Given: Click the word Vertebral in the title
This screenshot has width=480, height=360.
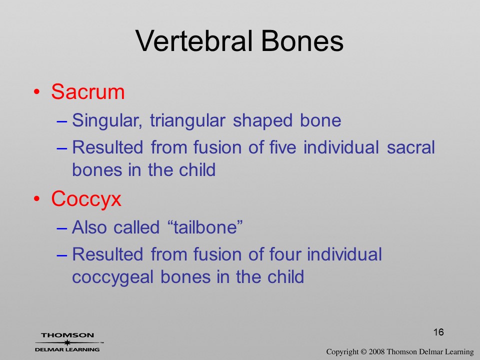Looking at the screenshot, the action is (x=194, y=41).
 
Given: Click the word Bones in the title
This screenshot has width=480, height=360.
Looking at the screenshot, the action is (x=302, y=41).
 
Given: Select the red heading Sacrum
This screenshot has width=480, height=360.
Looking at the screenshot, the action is (x=88, y=91).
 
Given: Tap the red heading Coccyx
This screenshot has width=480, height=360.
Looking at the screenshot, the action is (x=86, y=199).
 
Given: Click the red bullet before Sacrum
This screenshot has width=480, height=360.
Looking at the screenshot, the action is (x=37, y=92).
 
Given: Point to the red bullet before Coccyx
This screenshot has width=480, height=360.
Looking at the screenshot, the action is (x=37, y=199).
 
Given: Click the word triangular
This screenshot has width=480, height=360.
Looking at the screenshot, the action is (x=187, y=120).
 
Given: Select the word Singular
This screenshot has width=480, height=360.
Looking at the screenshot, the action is (x=107, y=120).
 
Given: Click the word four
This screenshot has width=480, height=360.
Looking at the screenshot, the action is (x=285, y=254).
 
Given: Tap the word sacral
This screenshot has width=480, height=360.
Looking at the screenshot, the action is (x=411, y=147).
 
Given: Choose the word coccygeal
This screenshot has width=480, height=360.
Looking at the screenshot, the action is (x=112, y=277).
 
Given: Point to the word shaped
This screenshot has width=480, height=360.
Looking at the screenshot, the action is (x=262, y=120).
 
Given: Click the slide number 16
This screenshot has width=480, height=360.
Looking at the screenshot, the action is (x=438, y=332).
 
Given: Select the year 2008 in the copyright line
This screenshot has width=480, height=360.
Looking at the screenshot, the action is (x=376, y=351).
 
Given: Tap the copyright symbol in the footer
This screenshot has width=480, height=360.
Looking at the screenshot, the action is (x=363, y=351).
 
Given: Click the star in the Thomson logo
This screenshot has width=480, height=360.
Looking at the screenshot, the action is (x=67, y=342).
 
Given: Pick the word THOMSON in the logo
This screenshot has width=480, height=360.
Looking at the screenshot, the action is (x=67, y=335).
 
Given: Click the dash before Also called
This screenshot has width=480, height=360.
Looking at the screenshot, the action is (x=61, y=228).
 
